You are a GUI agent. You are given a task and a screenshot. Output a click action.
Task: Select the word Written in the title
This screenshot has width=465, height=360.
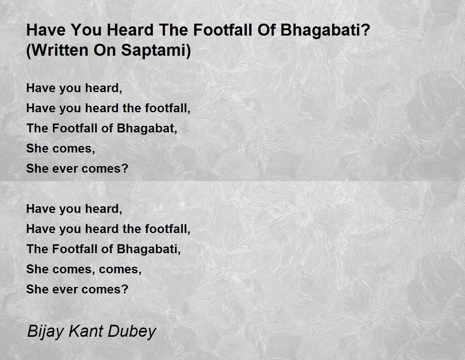point(57,50)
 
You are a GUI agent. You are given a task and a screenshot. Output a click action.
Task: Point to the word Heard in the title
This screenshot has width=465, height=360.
point(130,30)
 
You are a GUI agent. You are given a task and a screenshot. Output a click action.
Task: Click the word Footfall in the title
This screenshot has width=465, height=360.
point(223,30)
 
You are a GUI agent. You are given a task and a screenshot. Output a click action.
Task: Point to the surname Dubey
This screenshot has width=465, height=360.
point(132,332)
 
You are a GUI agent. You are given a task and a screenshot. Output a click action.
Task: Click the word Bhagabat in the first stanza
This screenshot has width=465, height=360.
point(146,129)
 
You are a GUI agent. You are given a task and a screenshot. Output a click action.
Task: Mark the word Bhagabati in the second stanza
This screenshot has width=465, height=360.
point(147,249)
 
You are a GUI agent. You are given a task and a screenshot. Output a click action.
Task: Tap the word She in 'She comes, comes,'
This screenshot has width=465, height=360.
point(37,269)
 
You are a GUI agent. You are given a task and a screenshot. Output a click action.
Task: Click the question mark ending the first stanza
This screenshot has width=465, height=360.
point(125,168)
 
